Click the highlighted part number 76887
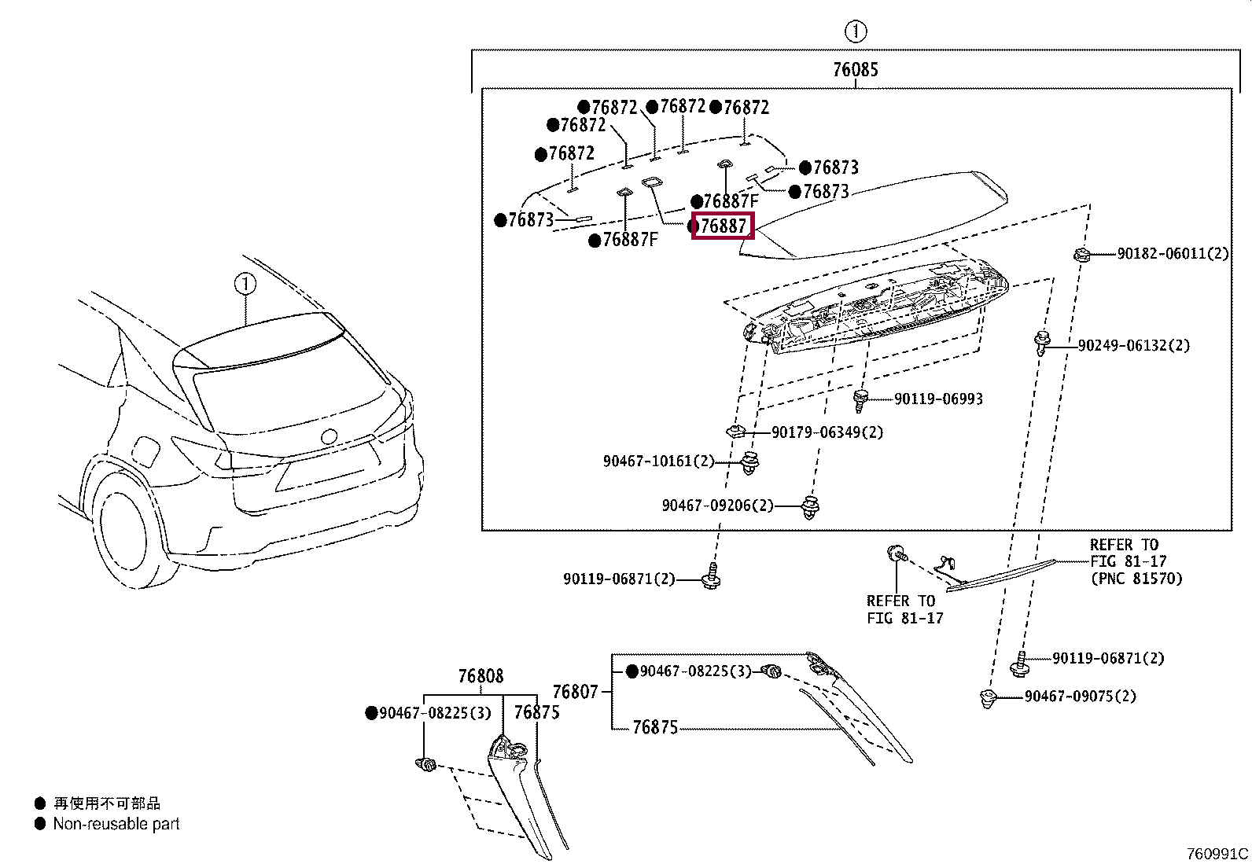tap(723, 226)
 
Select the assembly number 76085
tap(855, 70)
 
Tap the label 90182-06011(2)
tap(1173, 254)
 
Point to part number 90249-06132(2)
tap(1133, 345)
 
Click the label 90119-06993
tap(938, 399)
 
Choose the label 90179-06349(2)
tap(827, 432)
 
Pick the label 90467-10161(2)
tap(658, 461)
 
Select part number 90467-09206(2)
tap(717, 506)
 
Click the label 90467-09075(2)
tap(1080, 697)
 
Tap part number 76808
tap(481, 676)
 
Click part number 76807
tap(575, 692)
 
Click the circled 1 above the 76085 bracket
tap(855, 32)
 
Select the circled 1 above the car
tap(245, 284)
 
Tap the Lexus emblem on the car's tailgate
tap(329, 436)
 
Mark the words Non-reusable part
tap(116, 824)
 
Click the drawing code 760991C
tap(1217, 854)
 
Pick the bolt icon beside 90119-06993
tap(860, 400)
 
